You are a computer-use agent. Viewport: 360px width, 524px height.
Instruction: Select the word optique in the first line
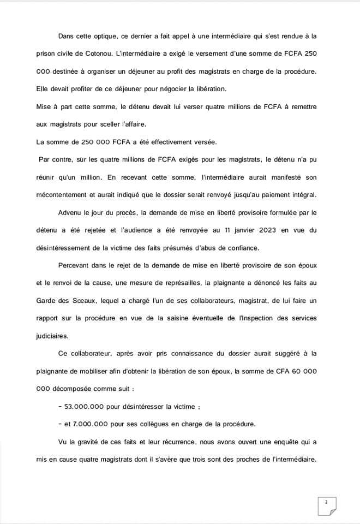(x=116, y=36)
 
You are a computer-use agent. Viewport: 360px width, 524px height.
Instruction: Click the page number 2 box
(x=326, y=502)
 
